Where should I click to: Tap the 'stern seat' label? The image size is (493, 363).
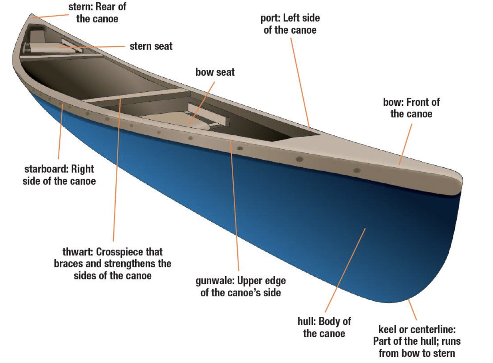[151, 46]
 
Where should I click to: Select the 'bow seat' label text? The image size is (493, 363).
[215, 72]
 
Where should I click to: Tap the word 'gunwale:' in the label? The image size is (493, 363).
[215, 281]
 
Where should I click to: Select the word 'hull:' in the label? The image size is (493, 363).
[307, 321]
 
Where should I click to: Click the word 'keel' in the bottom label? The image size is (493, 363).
[388, 329]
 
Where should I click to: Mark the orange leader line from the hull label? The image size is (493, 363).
[345, 271]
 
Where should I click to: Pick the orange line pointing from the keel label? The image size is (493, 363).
[412, 310]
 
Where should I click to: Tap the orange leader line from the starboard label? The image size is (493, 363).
[60, 132]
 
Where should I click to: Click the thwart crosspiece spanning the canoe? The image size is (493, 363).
[136, 95]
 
